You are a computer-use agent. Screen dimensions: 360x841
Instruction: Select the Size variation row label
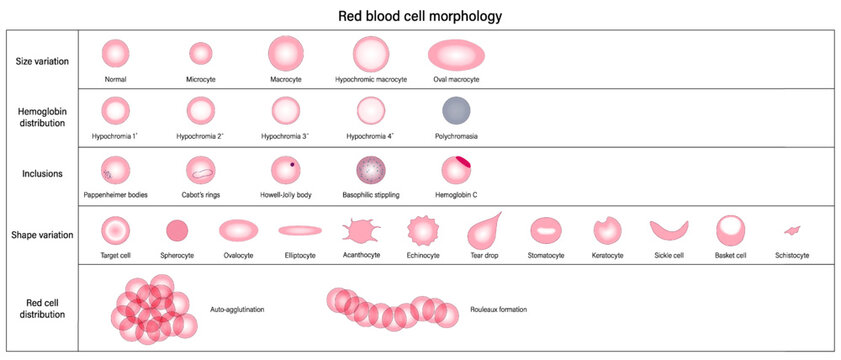[x=43, y=61]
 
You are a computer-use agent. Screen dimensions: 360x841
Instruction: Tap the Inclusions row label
[x=42, y=174]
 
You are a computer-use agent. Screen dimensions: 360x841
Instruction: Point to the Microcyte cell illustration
[x=201, y=53]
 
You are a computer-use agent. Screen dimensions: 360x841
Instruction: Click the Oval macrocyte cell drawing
[x=456, y=52]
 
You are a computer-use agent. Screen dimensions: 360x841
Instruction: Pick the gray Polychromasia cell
[x=456, y=110]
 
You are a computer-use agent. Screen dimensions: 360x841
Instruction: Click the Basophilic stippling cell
[x=371, y=170]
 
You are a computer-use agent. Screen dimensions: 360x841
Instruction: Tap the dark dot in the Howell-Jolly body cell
[x=291, y=163]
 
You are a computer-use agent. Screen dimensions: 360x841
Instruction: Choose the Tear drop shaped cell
[x=484, y=230]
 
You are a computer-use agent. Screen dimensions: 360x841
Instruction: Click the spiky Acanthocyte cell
[x=360, y=231]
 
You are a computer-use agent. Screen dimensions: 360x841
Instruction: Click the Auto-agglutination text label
[x=237, y=309]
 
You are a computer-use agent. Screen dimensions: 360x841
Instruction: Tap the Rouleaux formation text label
[x=498, y=309]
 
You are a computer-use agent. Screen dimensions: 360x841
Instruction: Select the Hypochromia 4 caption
[x=371, y=136]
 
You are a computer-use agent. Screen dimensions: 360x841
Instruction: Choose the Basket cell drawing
[x=729, y=230]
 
